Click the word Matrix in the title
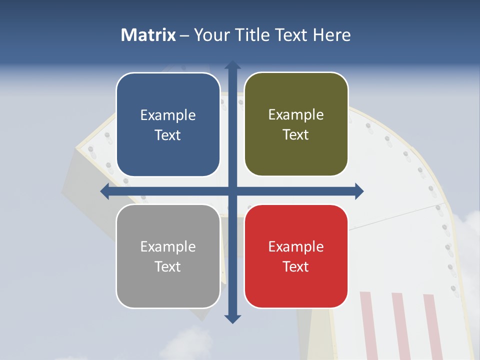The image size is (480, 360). [x=148, y=35]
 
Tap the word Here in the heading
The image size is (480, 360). [x=332, y=35]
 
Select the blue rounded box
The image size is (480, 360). [x=168, y=124]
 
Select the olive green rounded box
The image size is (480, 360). [x=296, y=124]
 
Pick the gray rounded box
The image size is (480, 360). [x=168, y=256]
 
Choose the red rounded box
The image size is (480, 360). [x=296, y=256]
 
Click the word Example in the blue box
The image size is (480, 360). [x=168, y=115]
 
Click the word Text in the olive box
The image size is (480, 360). [x=296, y=135]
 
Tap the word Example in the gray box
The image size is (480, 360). [x=168, y=246]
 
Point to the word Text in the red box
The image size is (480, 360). [x=296, y=266]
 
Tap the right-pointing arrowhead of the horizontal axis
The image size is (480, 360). [x=359, y=191]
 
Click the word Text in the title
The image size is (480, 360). [x=291, y=35]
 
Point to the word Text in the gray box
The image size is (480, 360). [x=168, y=266]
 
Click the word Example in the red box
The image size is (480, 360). [x=296, y=246]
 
